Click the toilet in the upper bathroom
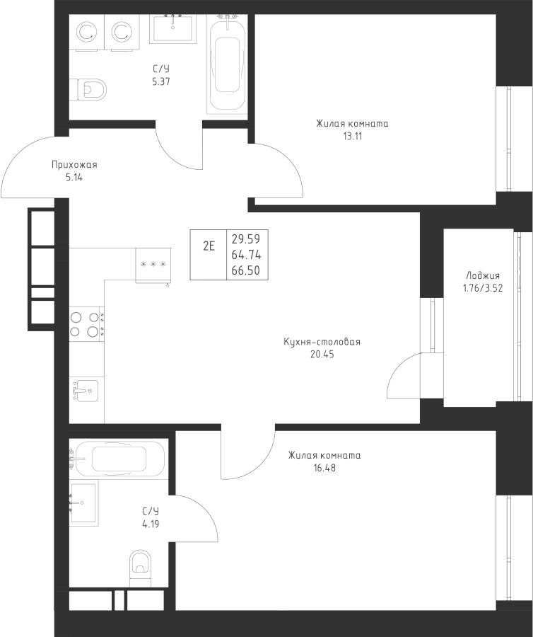pos(90,89)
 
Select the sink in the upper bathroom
pos(172,30)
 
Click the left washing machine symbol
pos(87,32)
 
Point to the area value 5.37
pos(161,81)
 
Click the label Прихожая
pos(74,165)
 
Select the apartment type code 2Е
pos(209,246)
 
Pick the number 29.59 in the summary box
pos(246,239)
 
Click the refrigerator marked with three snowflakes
pos(153,265)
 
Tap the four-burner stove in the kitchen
pos(86,323)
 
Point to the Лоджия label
pos(484,276)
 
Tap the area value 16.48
pos(325,467)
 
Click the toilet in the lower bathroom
pos(141,567)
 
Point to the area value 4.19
pos(149,524)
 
